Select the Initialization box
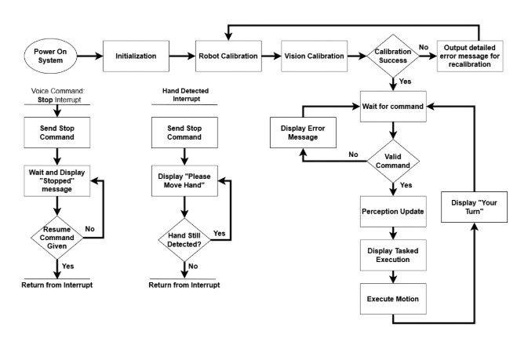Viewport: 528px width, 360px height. coord(141,56)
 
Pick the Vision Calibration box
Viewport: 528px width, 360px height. coord(313,56)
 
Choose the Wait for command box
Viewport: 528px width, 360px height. coord(394,106)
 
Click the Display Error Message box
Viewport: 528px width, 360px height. coord(304,132)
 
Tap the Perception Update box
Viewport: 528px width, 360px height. coord(393,213)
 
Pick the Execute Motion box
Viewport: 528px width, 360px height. coord(393,300)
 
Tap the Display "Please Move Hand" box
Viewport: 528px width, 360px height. coord(184,180)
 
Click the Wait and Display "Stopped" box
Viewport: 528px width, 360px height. coord(56,180)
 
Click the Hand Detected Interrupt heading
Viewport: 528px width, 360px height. coord(184,96)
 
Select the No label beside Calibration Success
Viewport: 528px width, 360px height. coord(424,48)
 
